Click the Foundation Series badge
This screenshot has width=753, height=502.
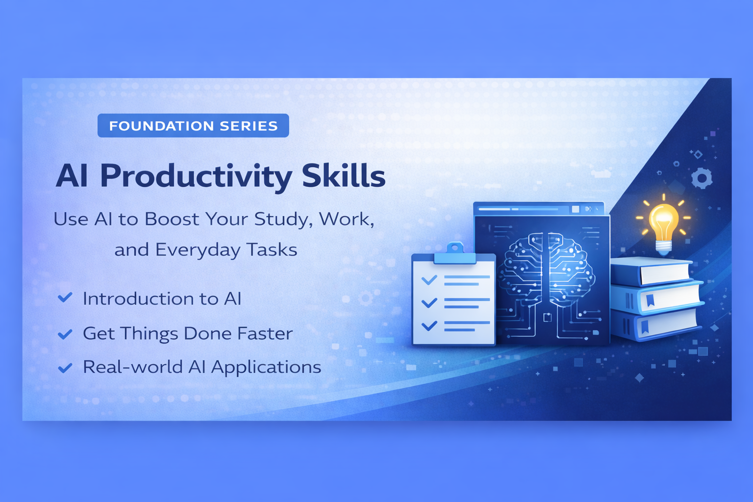tap(193, 125)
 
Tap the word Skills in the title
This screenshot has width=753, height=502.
tap(344, 175)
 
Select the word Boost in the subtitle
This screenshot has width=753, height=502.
tap(172, 219)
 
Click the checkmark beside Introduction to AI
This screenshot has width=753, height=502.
tap(65, 298)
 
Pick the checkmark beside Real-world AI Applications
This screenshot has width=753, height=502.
tap(65, 368)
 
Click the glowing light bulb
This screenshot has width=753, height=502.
tap(664, 224)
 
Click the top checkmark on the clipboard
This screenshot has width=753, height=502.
tap(429, 280)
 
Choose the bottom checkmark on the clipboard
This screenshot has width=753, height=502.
tap(429, 326)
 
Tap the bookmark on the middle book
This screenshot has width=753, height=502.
tap(650, 300)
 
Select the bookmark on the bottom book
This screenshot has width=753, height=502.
tap(645, 327)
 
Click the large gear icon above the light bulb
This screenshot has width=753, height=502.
tap(702, 178)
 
